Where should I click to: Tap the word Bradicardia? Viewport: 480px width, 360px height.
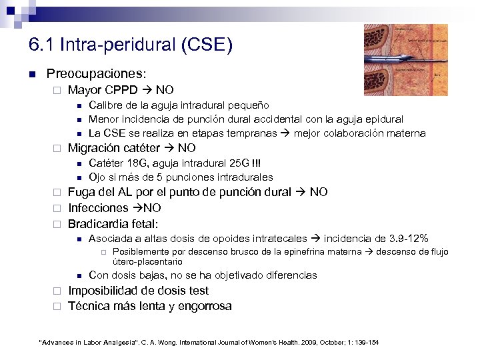pos(99,224)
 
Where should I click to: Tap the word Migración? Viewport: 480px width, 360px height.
pos(95,148)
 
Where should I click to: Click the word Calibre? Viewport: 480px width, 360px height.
pos(105,105)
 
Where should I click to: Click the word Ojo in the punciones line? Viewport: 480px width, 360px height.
pos(97,177)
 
